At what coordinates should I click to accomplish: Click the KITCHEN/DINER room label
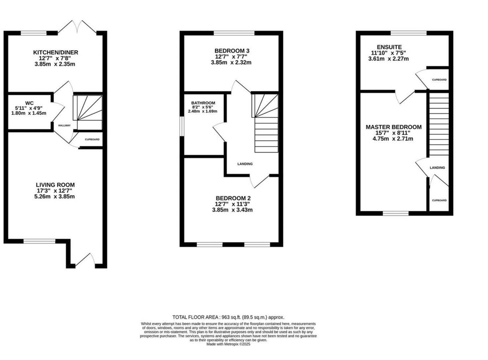pos(55,52)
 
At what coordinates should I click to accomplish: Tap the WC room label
pos(29,103)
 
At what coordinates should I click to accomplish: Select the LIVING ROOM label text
pos(55,185)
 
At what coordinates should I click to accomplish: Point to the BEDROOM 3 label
pos(232,51)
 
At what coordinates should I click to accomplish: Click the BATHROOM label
pos(203,103)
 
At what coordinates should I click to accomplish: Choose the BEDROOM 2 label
pos(232,198)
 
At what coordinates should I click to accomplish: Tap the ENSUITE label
pos(389,47)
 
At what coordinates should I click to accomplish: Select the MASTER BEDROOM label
pos(393,127)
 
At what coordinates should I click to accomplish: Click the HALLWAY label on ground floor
pos(64,126)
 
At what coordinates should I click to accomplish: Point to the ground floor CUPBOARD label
pos(92,139)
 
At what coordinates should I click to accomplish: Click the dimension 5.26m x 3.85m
pos(55,197)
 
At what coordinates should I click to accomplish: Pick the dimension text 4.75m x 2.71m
pos(393,139)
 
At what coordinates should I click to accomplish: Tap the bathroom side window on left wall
pos(182,126)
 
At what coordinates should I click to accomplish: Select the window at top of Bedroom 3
pos(234,33)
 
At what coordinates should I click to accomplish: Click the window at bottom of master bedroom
pos(395,213)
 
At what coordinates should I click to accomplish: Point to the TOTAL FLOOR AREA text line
pos(228,317)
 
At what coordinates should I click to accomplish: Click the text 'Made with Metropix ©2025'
pos(228,344)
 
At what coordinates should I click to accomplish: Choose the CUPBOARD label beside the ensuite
pos(439,80)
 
